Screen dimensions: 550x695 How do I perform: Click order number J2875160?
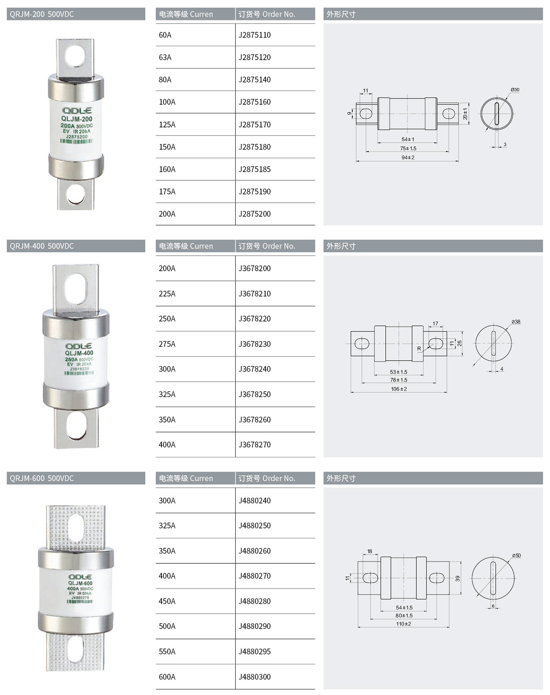click(x=254, y=102)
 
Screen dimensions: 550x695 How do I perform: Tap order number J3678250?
click(x=254, y=394)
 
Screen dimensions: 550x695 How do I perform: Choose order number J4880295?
click(x=254, y=651)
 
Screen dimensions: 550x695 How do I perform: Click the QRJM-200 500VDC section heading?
click(x=42, y=14)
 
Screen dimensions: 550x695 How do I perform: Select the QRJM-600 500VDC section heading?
click(x=42, y=478)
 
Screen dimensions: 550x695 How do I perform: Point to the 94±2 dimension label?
click(x=408, y=157)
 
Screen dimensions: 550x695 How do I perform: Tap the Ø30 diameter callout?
click(x=515, y=90)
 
